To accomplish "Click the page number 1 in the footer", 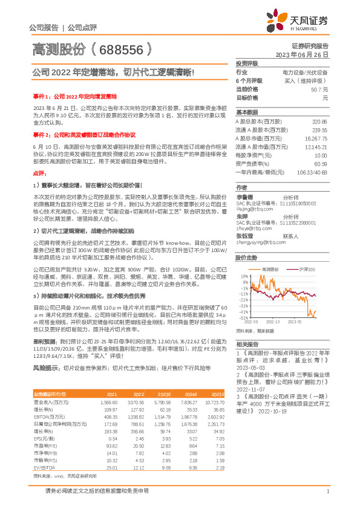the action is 327,491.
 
